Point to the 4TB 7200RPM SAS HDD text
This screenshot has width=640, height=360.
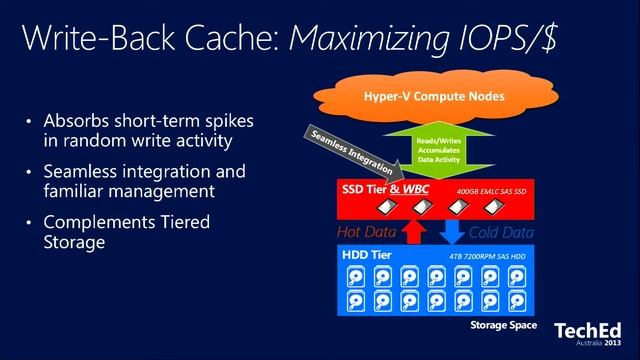pyautogui.click(x=491, y=256)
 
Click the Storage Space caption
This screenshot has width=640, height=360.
pyautogui.click(x=503, y=326)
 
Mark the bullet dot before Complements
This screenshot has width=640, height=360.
pyautogui.click(x=29, y=222)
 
